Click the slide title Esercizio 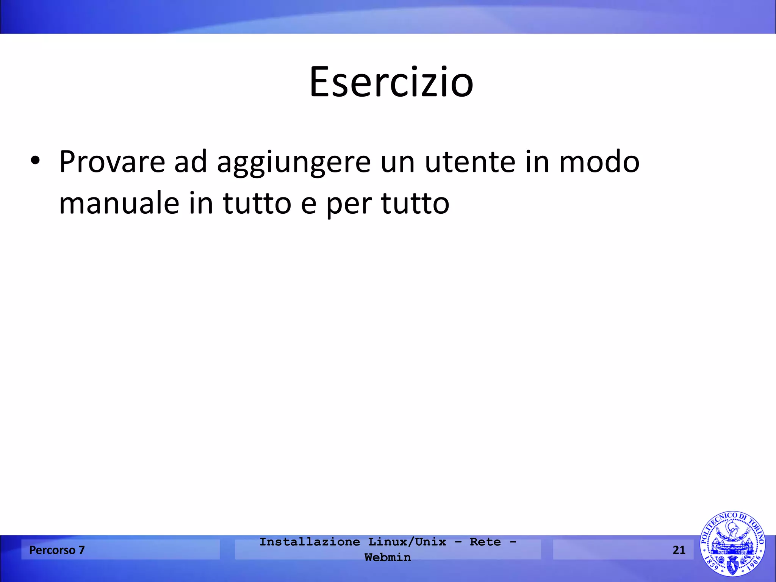click(391, 82)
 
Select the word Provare click(112, 162)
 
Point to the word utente click(470, 162)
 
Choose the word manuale click(119, 203)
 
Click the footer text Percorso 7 click(57, 550)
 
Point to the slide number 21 click(679, 550)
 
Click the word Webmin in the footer click(387, 557)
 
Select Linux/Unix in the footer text click(407, 542)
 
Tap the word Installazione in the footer click(310, 542)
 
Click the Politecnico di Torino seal click(732, 544)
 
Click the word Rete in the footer click(485, 542)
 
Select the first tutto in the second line click(257, 203)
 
